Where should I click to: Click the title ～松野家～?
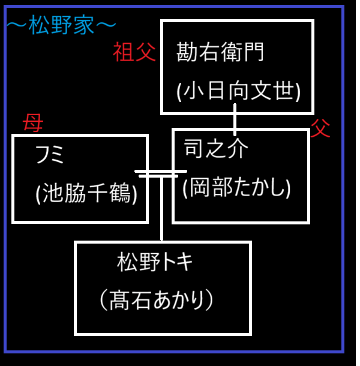coord(60,26)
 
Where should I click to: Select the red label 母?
coord(32,124)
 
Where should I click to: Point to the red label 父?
coord(320,128)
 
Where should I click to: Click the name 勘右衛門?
coord(220,53)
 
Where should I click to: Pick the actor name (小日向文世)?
coord(238,91)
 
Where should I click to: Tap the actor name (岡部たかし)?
coord(236,188)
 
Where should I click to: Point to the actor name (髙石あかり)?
coord(155,300)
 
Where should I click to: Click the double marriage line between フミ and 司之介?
coord(157,173)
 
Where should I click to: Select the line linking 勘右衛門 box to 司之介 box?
coord(235,120)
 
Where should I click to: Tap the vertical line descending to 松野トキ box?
coord(161,210)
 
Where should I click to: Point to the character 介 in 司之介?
coord(238,149)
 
